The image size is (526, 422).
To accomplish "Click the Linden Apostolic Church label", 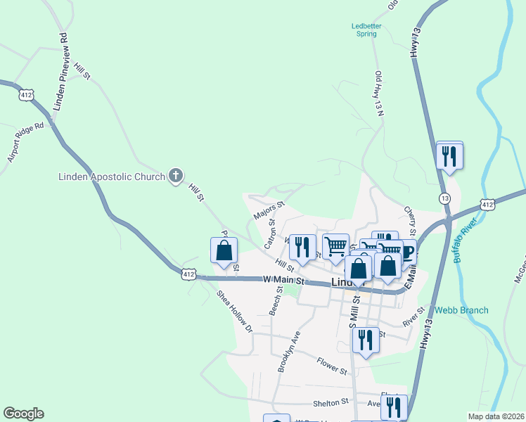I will click(x=111, y=177).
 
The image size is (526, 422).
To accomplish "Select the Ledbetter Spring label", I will click(x=366, y=30).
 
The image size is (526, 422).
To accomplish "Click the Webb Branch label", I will click(x=461, y=310).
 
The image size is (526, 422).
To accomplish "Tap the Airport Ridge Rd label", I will click(x=26, y=143).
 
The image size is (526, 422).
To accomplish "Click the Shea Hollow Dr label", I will click(x=234, y=310).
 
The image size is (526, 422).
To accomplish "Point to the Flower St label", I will click(x=332, y=366).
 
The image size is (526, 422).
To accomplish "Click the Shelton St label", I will click(x=335, y=402).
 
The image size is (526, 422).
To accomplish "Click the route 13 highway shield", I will click(x=445, y=199).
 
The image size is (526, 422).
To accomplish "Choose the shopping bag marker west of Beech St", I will click(x=224, y=251).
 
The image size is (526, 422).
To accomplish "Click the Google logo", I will click(x=23, y=414).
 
